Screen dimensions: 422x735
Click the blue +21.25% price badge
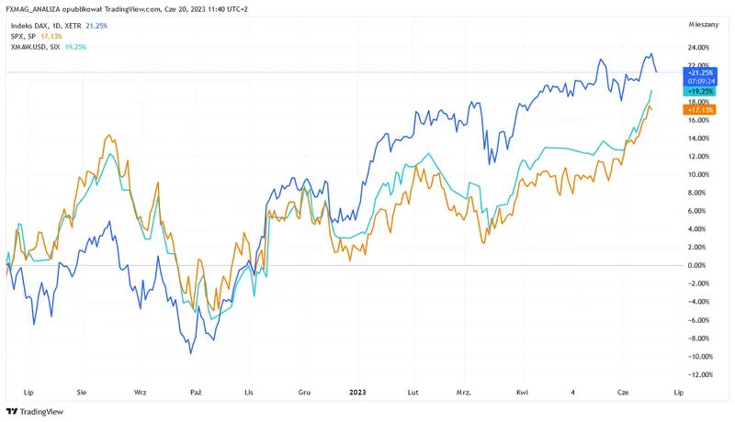(x=700, y=71)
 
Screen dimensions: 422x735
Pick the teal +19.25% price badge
(x=700, y=91)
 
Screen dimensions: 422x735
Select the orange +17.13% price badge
(x=700, y=109)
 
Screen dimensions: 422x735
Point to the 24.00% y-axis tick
(x=698, y=47)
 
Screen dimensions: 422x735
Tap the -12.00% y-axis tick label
(x=699, y=374)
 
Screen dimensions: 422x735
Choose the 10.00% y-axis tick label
(x=698, y=174)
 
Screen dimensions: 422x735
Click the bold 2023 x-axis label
(x=359, y=391)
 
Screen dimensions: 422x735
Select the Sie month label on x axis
(x=83, y=391)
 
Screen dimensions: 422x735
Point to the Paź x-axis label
(x=195, y=391)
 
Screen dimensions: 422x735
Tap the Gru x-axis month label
(x=304, y=391)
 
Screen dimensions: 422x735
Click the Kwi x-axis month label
(x=522, y=391)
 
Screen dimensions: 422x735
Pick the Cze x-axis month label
(x=624, y=391)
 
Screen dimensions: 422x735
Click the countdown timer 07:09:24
(x=700, y=80)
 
